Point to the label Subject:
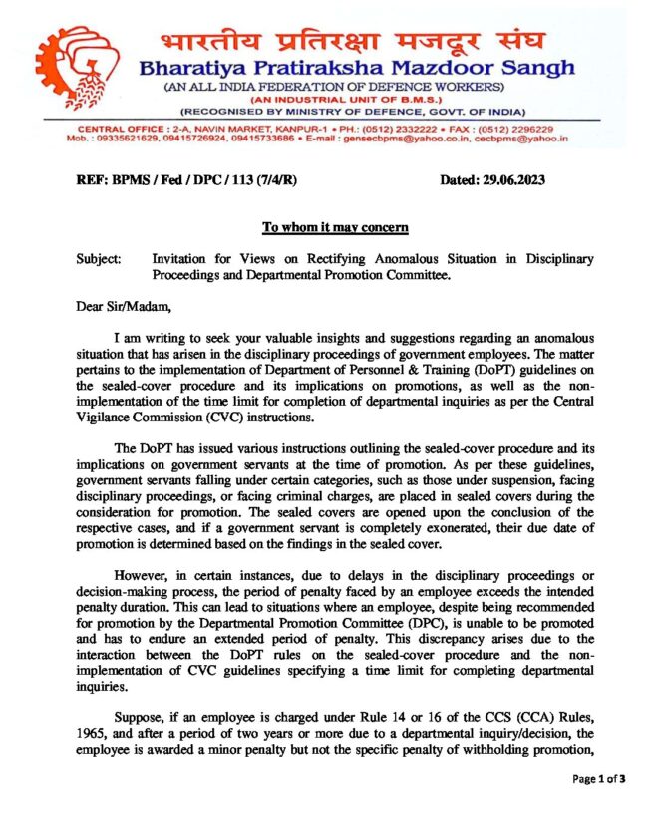pos(99,259)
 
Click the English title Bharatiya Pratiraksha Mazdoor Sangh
pos(357,69)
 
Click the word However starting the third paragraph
pos(146,578)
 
